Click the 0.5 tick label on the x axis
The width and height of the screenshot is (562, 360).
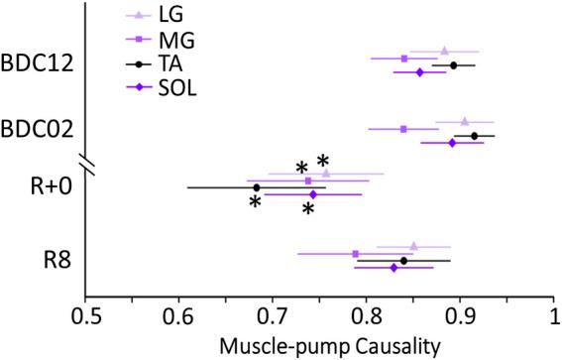tap(85, 316)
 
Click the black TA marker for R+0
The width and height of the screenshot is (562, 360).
tap(257, 186)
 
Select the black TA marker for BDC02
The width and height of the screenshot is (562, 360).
tap(474, 135)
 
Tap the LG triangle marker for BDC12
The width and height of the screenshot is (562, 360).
tap(444, 51)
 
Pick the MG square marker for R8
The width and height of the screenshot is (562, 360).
tap(356, 254)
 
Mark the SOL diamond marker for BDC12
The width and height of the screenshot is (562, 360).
tap(419, 72)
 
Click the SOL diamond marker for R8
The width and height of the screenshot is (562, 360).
tap(393, 268)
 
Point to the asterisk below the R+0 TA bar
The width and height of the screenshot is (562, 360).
tap(255, 202)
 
